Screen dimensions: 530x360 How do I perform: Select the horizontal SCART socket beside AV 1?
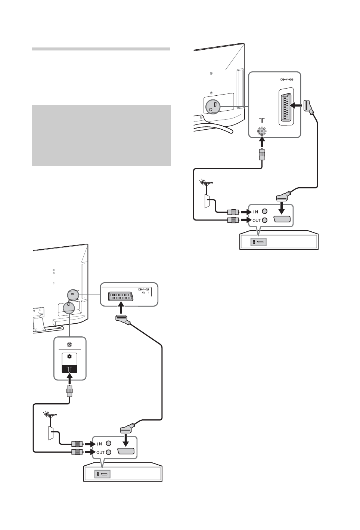pos(121,296)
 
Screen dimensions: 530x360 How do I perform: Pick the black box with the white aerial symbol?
pos(69,369)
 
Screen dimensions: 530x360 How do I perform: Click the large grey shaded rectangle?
pos(101,135)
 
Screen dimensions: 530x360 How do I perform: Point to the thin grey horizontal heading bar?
pos(101,49)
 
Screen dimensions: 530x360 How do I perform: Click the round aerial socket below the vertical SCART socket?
pos(261,131)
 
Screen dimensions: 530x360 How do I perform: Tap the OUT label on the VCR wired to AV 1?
pos(100,452)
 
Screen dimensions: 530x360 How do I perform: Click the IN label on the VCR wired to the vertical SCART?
pos(256,212)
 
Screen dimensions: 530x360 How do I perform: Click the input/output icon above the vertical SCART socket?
pos(286,79)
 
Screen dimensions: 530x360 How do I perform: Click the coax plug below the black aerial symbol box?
pos(69,392)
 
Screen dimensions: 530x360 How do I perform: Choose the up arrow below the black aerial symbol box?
pos(69,380)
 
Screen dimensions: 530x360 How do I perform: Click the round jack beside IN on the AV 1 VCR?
pos(109,444)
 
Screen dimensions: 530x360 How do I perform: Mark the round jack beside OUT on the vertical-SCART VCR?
pos(265,221)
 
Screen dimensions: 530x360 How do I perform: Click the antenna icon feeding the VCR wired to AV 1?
pos(49,415)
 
